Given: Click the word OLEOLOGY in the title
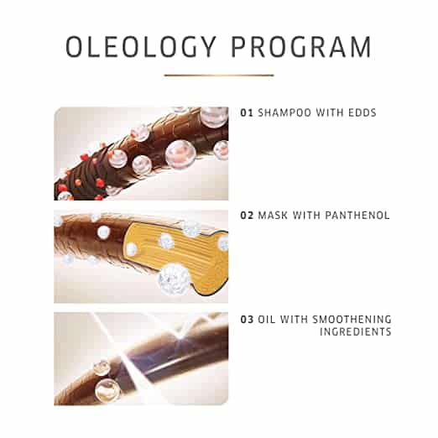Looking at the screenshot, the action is (x=141, y=46).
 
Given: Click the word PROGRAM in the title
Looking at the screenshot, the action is (x=301, y=46).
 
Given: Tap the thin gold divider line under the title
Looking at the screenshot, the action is (x=219, y=75).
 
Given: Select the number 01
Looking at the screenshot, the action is (x=247, y=112).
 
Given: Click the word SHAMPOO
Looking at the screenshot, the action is (x=284, y=112).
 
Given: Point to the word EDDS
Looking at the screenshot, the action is (x=362, y=112).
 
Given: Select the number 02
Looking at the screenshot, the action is (x=247, y=216).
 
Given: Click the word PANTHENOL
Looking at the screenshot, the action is (x=357, y=216).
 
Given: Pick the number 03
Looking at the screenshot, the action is (x=247, y=319).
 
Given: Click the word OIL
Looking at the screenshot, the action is (x=266, y=319).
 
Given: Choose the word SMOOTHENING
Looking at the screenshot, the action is (x=352, y=319).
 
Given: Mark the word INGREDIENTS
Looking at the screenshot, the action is (x=355, y=331).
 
